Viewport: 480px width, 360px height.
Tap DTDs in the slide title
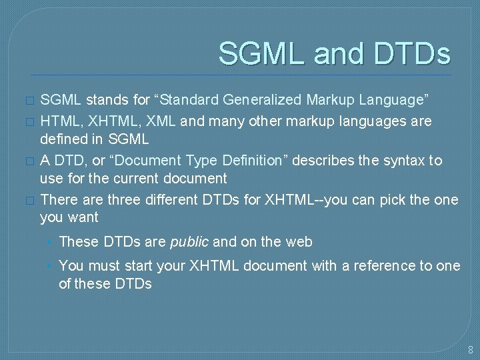coord(411,54)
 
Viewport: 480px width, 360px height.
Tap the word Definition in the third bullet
coord(244,161)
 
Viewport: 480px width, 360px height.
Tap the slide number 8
coord(470,349)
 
